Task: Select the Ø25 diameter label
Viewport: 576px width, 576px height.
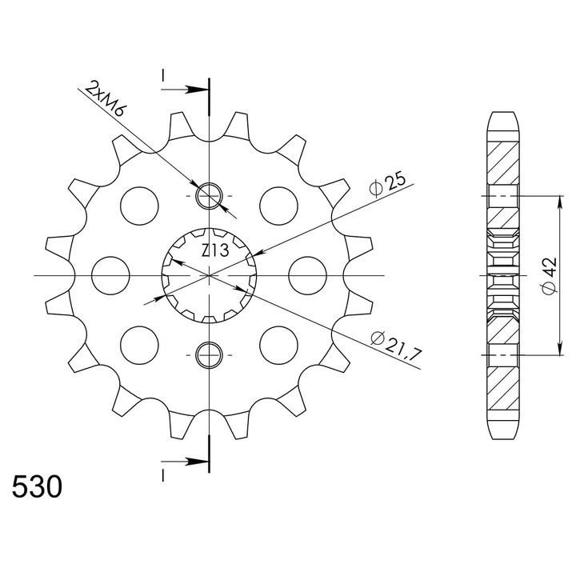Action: [387, 185]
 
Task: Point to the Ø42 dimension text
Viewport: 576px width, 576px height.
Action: [549, 276]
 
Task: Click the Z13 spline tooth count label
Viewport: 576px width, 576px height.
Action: [215, 250]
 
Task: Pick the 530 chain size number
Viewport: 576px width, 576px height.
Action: [37, 487]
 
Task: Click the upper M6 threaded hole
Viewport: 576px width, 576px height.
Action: [209, 195]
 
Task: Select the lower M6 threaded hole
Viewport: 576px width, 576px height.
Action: [209, 355]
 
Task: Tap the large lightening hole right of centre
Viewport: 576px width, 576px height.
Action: [307, 275]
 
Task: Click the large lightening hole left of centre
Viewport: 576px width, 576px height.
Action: [110, 275]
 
